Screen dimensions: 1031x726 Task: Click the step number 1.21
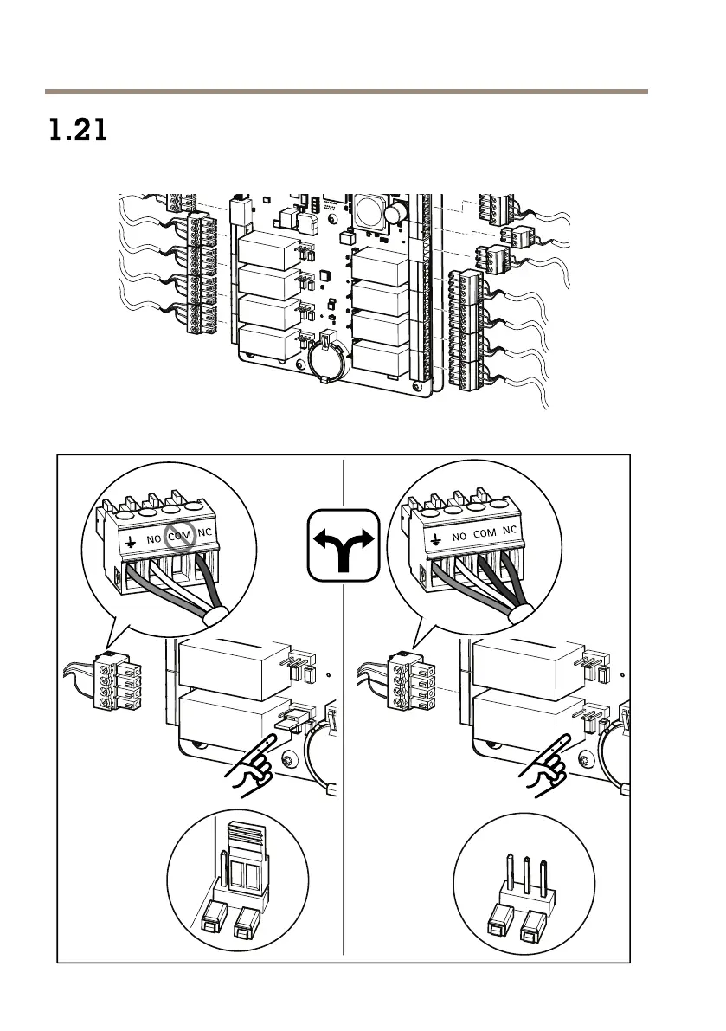click(77, 132)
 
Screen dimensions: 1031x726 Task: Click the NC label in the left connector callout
click(205, 532)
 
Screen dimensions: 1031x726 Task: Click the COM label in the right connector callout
click(485, 533)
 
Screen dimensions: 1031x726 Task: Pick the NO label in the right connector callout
click(459, 537)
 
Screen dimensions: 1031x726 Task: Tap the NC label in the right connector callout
click(510, 529)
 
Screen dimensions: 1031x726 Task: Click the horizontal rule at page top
click(346, 91)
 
